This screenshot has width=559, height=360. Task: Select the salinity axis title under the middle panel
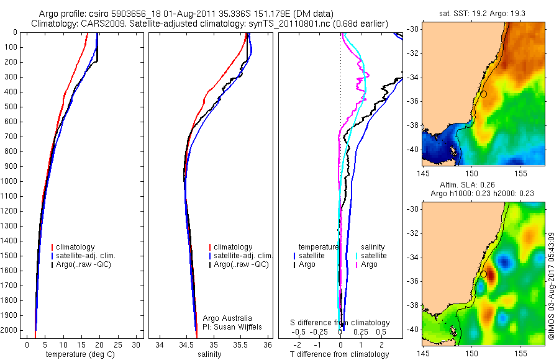[209, 354]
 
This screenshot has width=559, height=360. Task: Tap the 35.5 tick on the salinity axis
[241, 344]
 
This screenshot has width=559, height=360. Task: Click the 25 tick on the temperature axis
[118, 344]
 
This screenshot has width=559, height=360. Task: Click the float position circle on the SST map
[483, 94]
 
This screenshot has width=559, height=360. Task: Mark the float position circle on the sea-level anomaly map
[483, 274]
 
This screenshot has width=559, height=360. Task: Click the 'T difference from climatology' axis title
[340, 354]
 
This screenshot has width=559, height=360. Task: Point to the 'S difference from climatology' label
[340, 323]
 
